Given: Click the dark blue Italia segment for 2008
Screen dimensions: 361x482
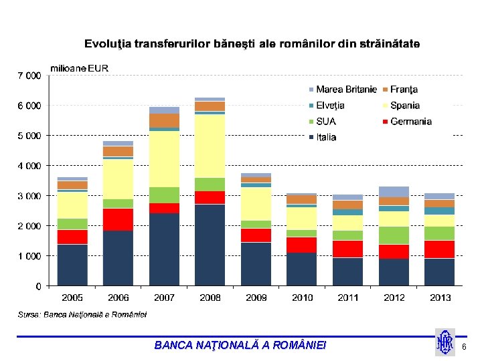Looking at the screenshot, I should pyautogui.click(x=210, y=245).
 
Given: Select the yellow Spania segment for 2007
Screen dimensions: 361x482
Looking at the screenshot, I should pyautogui.click(x=164, y=158).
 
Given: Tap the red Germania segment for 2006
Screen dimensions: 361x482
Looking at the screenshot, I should pyautogui.click(x=118, y=219).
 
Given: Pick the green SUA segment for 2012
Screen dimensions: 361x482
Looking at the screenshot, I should pyautogui.click(x=394, y=235).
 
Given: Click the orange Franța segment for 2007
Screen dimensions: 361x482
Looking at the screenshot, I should pyautogui.click(x=164, y=120).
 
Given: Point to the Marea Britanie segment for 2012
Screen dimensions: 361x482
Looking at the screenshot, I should pyautogui.click(x=394, y=192).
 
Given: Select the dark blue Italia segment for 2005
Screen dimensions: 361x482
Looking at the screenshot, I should pyautogui.click(x=72, y=265).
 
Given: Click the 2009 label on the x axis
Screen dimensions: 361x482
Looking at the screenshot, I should pyautogui.click(x=256, y=297).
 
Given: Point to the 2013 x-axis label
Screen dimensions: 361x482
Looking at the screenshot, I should pyautogui.click(x=439, y=297).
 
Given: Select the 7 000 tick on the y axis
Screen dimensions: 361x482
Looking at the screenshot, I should pyautogui.click(x=29, y=76).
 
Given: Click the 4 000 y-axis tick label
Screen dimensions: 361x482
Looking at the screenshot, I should pyautogui.click(x=29, y=166).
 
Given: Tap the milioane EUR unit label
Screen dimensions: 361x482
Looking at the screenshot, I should pyautogui.click(x=80, y=68).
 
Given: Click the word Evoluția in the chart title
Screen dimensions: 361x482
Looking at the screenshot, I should pyautogui.click(x=107, y=44).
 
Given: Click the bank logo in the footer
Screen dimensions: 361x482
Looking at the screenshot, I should pyautogui.click(x=445, y=342).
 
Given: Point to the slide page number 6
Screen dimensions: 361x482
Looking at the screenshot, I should pyautogui.click(x=464, y=346).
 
